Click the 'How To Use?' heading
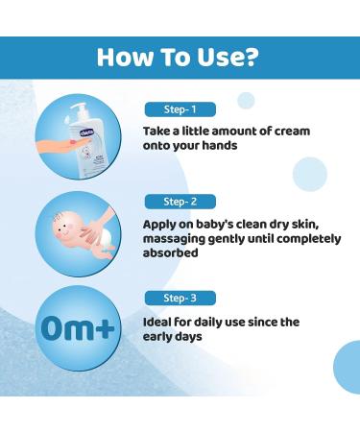(180, 59)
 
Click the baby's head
(60, 228)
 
